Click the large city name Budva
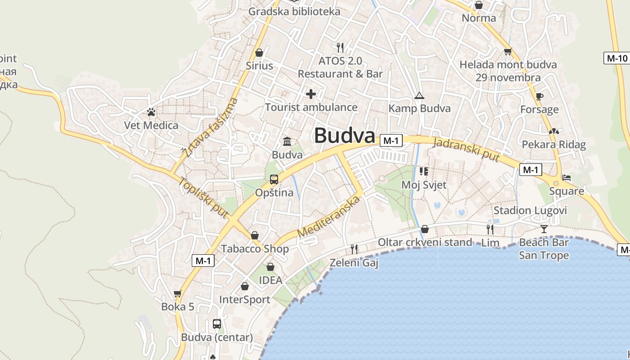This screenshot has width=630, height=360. (x=344, y=135)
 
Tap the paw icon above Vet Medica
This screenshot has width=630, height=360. (x=151, y=112)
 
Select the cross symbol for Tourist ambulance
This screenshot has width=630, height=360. (x=311, y=94)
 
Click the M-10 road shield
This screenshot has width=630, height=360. (x=616, y=58)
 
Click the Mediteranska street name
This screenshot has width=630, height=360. (x=329, y=217)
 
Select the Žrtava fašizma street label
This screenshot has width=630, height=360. (x=210, y=127)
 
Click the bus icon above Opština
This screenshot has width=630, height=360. (x=274, y=180)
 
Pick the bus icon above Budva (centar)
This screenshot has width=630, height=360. (x=217, y=324)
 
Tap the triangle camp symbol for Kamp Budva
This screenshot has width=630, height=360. (x=419, y=95)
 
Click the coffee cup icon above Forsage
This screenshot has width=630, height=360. (x=540, y=96)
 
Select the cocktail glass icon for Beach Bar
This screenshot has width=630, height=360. (x=544, y=229)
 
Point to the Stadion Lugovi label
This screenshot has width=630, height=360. (x=530, y=211)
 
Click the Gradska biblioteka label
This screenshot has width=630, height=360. (x=294, y=11)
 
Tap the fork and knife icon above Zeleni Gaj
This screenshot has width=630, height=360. (x=354, y=249)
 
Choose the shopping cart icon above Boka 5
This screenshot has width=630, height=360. (x=178, y=294)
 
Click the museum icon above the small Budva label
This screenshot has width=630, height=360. (x=287, y=142)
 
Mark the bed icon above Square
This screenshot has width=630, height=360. (x=567, y=178)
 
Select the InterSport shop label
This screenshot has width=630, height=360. (x=244, y=300)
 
